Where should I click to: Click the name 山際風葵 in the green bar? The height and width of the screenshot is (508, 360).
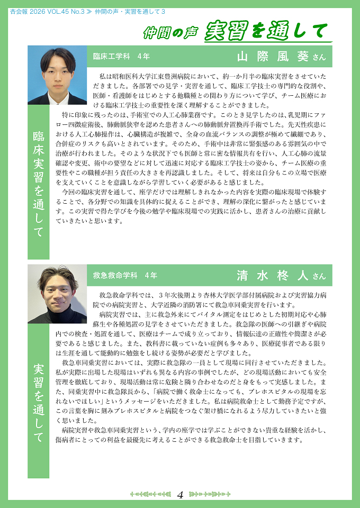pyautogui.click(x=271, y=57)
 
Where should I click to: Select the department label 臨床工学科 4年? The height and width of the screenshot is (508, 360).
pyautogui.click(x=121, y=56)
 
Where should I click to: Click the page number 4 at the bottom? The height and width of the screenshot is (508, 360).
pyautogui.click(x=180, y=495)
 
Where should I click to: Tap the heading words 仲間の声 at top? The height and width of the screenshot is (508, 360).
pyautogui.click(x=171, y=33)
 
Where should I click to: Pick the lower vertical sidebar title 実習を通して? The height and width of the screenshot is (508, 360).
pyautogui.click(x=39, y=402)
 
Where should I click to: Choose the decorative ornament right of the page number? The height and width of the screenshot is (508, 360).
pyautogui.click(x=210, y=495)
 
